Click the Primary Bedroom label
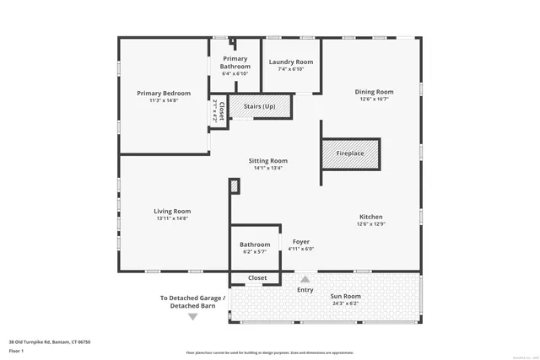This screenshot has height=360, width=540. pos(164,93)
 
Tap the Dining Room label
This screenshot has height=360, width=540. pos(374,92)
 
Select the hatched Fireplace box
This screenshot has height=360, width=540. pos(350,154)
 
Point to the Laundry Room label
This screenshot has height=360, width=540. pos(290,62)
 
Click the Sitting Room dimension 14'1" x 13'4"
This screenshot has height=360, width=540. pos(268,168)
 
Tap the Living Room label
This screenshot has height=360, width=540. pos(172,211)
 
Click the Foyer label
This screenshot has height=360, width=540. pos(300,242)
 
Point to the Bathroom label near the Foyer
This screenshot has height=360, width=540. pos(254,244)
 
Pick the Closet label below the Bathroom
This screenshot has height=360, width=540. pos(257,277)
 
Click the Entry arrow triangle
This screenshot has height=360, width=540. pos(305,279)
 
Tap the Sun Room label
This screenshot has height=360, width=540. pos(347,296)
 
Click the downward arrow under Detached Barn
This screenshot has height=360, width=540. pos(193,317)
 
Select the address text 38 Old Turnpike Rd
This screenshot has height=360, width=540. pos(49,341)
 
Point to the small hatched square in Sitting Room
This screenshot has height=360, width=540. pos(235,185)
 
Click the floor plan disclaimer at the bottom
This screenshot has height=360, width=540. pos(269,352)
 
